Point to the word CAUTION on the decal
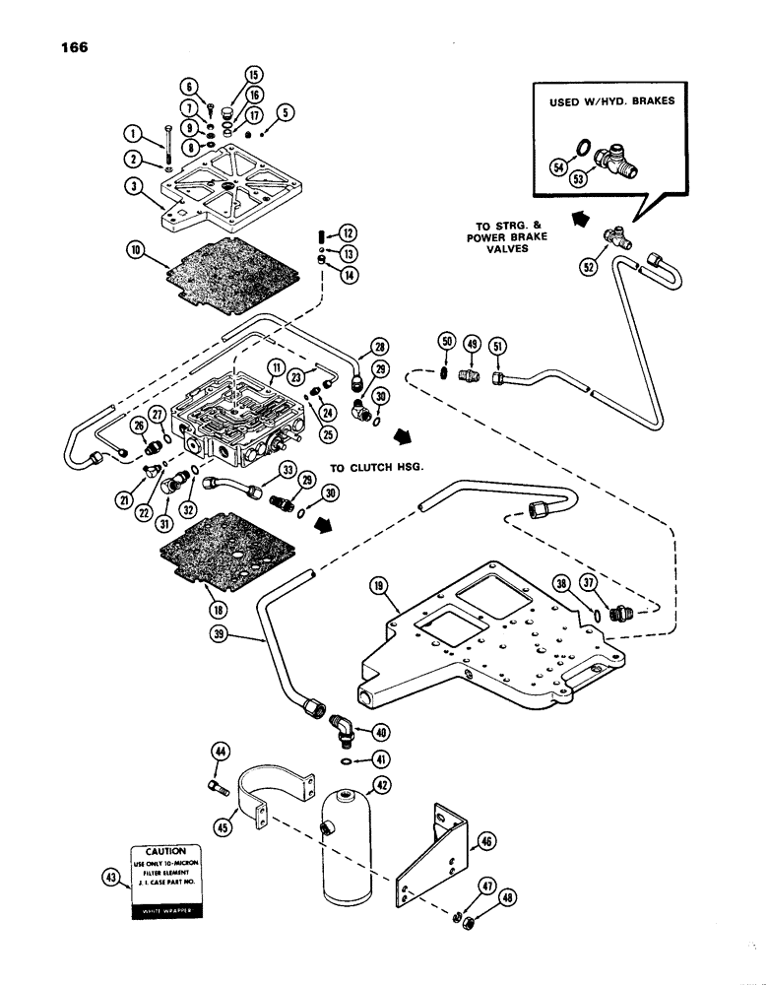(160, 850)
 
